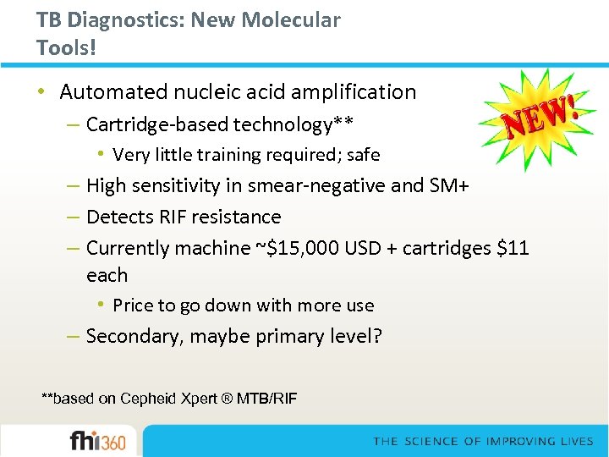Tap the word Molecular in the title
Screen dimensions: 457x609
pos(293,20)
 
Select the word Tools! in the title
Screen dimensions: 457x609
pos(67,47)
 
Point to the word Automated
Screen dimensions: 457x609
pos(113,92)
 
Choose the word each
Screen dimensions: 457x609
pos(107,276)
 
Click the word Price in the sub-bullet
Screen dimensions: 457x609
pos(134,306)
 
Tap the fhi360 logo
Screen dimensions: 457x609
pos(97,441)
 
